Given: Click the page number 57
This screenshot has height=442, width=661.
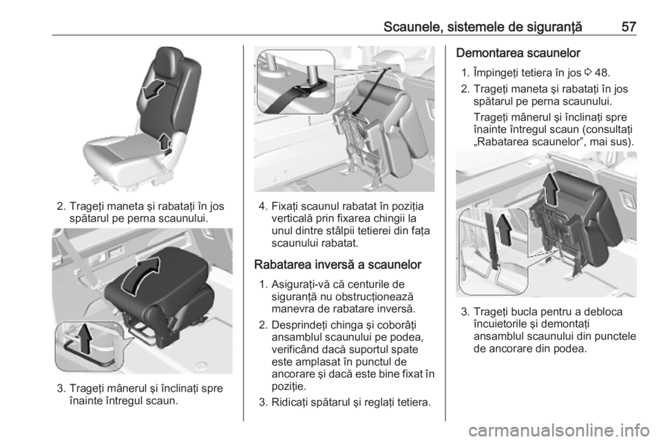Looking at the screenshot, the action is (629, 27).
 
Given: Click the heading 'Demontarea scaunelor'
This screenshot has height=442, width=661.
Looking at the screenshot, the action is (518, 53).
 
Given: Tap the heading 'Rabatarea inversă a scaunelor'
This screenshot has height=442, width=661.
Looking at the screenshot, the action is (337, 264).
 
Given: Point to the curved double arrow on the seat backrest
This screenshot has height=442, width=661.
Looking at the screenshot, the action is (153, 90).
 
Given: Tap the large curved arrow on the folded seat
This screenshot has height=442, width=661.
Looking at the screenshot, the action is (141, 275).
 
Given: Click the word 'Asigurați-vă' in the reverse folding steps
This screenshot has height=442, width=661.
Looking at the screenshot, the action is (297, 284).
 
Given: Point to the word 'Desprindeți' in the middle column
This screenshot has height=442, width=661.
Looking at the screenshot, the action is (297, 325).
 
